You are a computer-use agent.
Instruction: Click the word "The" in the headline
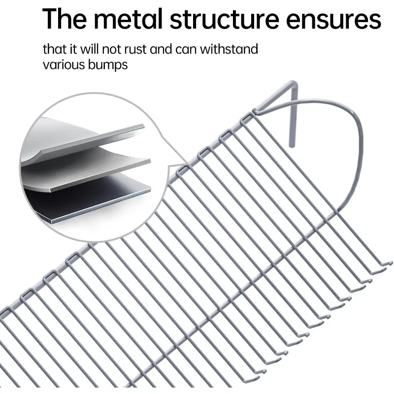(66, 20)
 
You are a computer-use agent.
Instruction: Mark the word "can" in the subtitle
(190, 49)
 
